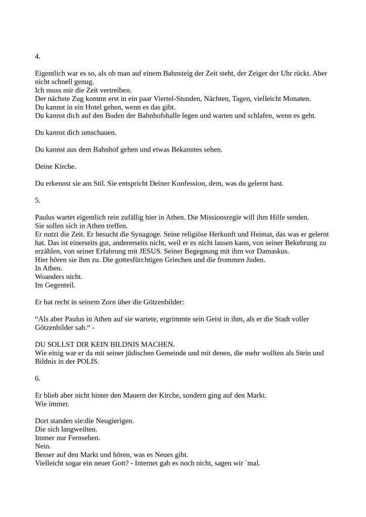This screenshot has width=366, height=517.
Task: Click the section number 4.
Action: (x=37, y=56)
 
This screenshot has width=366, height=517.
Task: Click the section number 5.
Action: (x=37, y=200)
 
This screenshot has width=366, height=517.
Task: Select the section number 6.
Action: (x=37, y=378)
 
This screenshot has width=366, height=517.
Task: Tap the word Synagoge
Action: (x=131, y=234)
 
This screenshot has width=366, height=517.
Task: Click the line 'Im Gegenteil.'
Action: (x=55, y=286)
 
